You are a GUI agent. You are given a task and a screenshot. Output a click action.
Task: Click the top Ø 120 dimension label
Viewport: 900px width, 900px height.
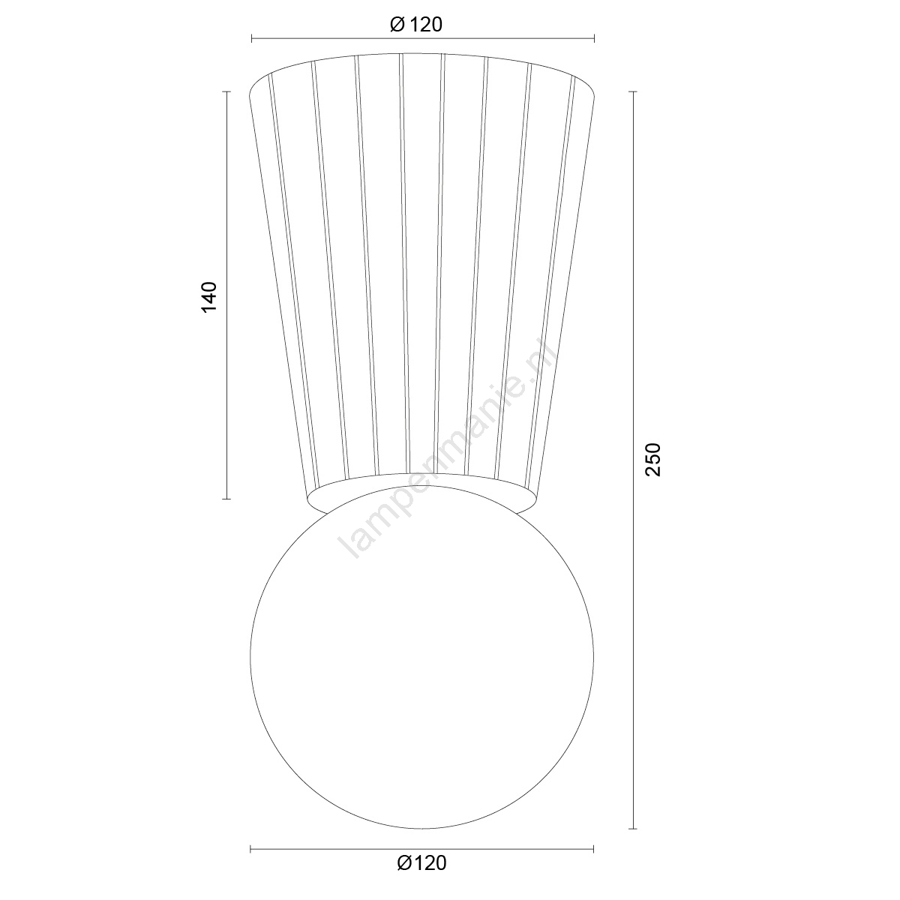[x=415, y=24]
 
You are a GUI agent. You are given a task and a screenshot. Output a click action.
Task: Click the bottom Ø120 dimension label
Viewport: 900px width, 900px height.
[x=421, y=863]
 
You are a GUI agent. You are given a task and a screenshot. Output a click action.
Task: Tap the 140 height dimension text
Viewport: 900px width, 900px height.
[x=208, y=297]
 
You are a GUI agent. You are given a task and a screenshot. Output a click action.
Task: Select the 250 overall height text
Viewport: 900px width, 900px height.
[x=653, y=460]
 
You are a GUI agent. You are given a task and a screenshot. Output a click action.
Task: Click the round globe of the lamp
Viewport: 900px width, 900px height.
[x=422, y=658]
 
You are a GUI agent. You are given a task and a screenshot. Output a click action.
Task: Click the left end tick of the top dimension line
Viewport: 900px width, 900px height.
[x=252, y=39]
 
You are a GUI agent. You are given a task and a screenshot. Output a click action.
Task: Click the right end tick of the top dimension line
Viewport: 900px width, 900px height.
[x=594, y=39]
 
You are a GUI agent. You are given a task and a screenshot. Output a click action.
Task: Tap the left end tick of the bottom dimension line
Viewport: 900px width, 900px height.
[x=250, y=849]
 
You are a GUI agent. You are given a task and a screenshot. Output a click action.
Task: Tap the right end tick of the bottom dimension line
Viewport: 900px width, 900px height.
[x=593, y=849]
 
